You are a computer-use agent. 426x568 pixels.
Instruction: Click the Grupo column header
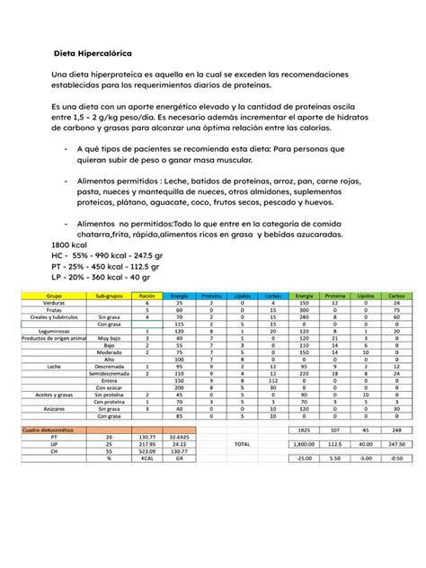[55, 295]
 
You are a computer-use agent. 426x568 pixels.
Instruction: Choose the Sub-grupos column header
[109, 295]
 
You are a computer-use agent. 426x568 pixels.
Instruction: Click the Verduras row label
[55, 304]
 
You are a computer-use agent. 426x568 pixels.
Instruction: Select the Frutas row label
[55, 310]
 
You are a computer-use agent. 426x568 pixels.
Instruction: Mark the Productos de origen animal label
[55, 338]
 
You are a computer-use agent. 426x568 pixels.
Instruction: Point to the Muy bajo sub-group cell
[109, 338]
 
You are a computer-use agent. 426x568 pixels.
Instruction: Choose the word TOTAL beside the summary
[242, 444]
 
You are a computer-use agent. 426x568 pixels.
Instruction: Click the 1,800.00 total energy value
[303, 444]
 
